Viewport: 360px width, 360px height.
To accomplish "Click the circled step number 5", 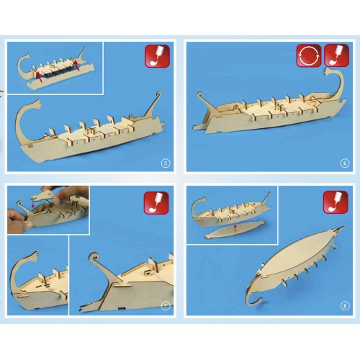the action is pyautogui.click(x=166, y=163).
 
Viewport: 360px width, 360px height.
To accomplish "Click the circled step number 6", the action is pyautogui.click(x=345, y=163).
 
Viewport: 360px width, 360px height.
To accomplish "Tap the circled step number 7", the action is pyautogui.click(x=166, y=306).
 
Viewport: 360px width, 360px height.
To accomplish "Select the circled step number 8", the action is pyautogui.click(x=345, y=306).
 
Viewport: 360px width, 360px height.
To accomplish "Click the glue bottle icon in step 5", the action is pyautogui.click(x=157, y=56).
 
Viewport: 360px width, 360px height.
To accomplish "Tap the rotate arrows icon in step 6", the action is pyautogui.click(x=309, y=55).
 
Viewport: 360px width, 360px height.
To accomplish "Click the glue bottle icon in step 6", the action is pyautogui.click(x=336, y=55).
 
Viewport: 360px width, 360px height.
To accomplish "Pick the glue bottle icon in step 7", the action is pyautogui.click(x=156, y=203).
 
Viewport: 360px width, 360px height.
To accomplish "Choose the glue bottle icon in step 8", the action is pyautogui.click(x=336, y=202).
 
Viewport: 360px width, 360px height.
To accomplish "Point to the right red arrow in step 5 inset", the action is pyautogui.click(x=77, y=66).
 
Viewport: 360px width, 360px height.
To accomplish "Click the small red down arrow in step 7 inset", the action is pyautogui.click(x=33, y=204).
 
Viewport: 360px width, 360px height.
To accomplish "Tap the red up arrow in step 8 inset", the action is pyautogui.click(x=235, y=228).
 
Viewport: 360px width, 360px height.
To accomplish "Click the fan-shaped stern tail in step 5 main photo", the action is pyautogui.click(x=36, y=104).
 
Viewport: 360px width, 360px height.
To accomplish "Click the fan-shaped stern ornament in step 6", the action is pyautogui.click(x=330, y=73).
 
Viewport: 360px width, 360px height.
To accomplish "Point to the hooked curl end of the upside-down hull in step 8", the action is pyautogui.click(x=254, y=301).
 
